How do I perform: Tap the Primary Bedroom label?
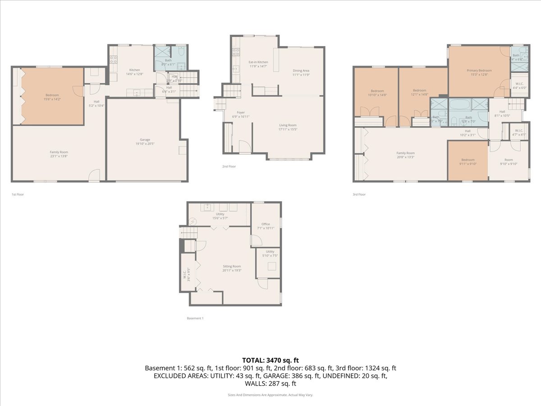[479, 70]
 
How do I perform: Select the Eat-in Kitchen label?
[258, 62]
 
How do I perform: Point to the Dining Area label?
[301, 71]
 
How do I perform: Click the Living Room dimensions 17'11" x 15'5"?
[288, 129]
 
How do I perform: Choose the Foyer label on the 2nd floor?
[241, 112]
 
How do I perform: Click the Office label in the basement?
[266, 224]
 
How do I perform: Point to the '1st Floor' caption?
[18, 194]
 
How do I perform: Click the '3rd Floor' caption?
[359, 194]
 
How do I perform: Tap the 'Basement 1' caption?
[195, 318]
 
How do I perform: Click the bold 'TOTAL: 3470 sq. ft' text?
[270, 360]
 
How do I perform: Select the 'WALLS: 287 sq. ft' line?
[270, 383]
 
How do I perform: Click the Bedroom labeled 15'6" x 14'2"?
[52, 95]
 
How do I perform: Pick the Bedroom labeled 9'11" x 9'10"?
[468, 160]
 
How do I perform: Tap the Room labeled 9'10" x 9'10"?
[509, 160]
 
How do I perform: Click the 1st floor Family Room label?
[59, 152]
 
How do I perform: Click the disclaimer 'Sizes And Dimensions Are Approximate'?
[270, 395]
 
